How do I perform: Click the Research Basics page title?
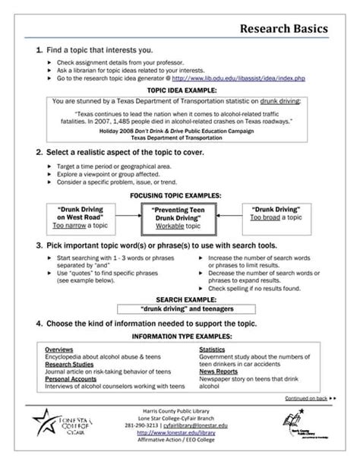pos(284,28)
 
